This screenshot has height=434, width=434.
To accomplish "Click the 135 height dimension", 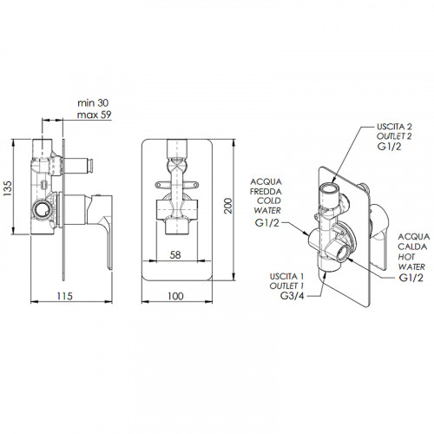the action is click(8, 188).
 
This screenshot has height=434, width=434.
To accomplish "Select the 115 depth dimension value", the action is click(64, 296).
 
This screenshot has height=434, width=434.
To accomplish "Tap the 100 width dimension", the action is click(175, 296).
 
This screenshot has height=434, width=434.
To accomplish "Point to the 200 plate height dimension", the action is click(228, 206).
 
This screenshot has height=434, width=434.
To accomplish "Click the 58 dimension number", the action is click(175, 255).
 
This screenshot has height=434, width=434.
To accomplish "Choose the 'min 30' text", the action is click(93, 103).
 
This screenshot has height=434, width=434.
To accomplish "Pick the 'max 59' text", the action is click(94, 115).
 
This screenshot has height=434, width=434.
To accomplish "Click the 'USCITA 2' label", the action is click(394, 127).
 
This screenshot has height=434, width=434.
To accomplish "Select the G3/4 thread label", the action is click(293, 296).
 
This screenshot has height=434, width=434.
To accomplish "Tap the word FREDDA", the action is click(266, 192).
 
